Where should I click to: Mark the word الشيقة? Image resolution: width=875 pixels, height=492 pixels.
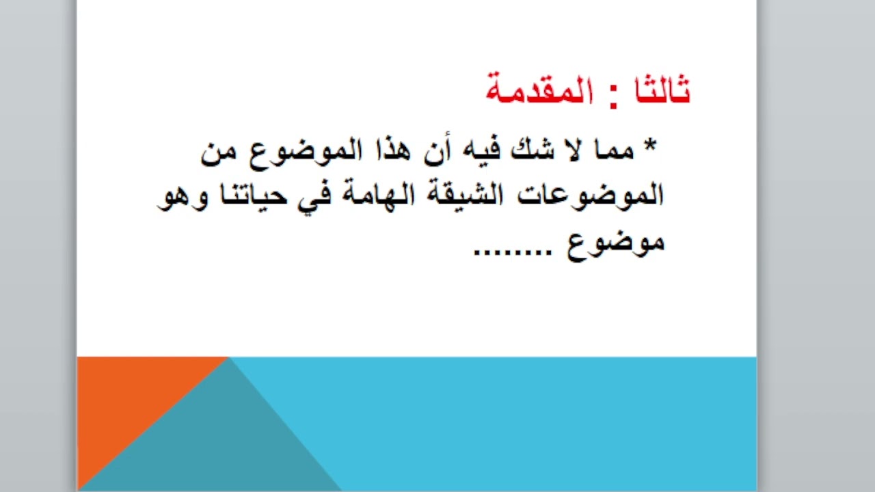pos(465,196)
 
